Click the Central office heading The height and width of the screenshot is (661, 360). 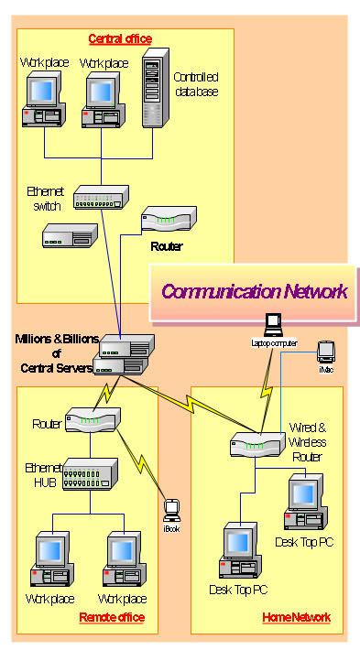(x=120, y=38)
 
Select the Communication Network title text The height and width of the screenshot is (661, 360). (x=254, y=292)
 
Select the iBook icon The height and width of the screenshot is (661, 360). (x=169, y=509)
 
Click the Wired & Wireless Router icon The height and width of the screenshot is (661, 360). (x=254, y=445)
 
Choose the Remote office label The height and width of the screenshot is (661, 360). (x=112, y=618)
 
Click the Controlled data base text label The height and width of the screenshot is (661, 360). (x=196, y=86)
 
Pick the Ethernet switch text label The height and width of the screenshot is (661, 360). (x=45, y=199)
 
